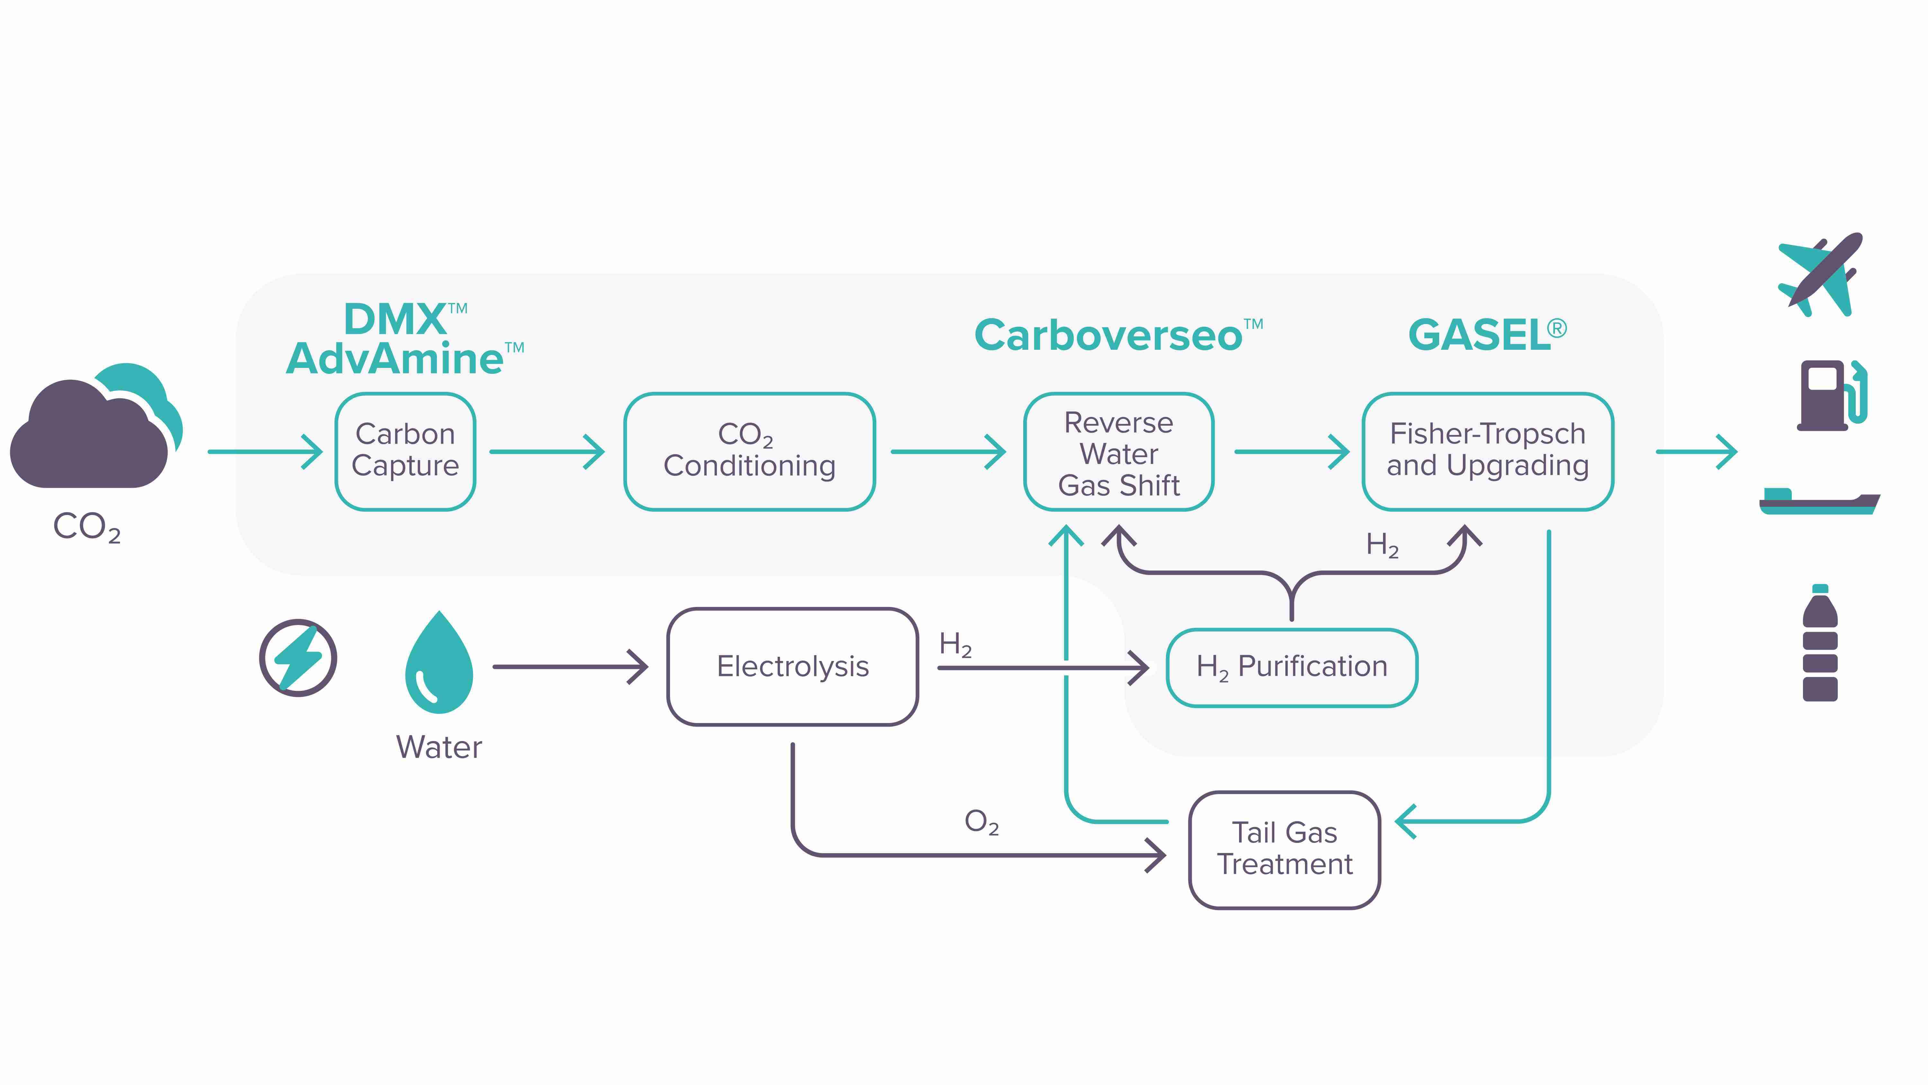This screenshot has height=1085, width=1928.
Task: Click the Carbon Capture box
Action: pyautogui.click(x=405, y=451)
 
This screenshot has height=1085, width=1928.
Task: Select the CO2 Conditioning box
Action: pyautogui.click(x=749, y=451)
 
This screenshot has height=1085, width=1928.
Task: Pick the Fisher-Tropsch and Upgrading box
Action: pyautogui.click(x=1487, y=451)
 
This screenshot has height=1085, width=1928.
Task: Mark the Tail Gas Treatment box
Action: pyautogui.click(x=1284, y=849)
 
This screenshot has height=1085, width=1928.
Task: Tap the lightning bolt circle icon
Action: pyautogui.click(x=298, y=657)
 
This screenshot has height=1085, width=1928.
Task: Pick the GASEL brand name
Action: pyautogui.click(x=1480, y=335)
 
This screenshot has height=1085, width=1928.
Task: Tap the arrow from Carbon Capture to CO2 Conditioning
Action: pyautogui.click(x=546, y=452)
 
